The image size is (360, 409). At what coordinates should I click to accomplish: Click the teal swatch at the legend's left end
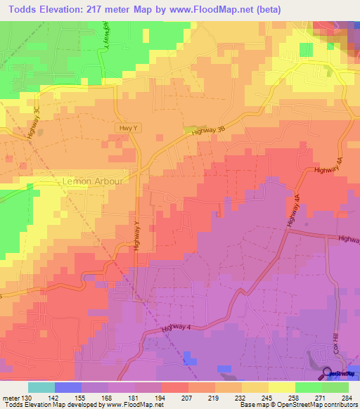[41, 387]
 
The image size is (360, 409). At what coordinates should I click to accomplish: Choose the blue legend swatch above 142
[68, 387]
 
